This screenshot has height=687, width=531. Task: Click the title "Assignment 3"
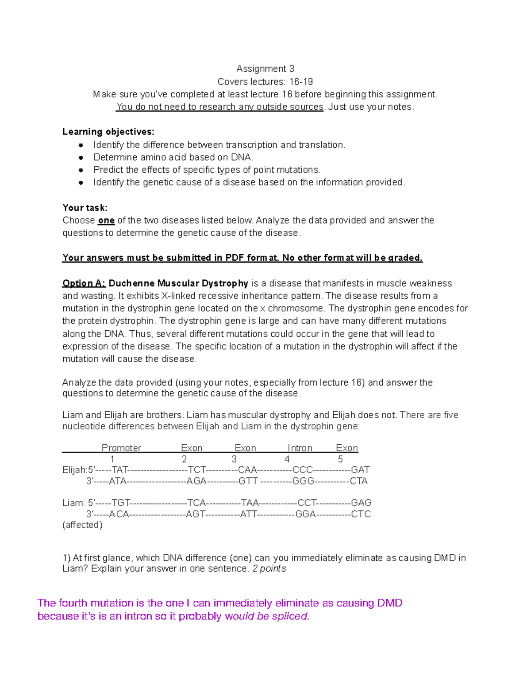pyautogui.click(x=265, y=69)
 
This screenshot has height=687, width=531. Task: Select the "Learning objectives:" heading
pyautogui.click(x=108, y=132)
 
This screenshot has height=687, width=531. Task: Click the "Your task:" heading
pyautogui.click(x=85, y=208)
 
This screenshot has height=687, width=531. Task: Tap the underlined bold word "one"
pyautogui.click(x=106, y=221)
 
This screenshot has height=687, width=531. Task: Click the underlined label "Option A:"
pyautogui.click(x=84, y=283)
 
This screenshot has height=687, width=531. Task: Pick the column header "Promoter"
pyautogui.click(x=121, y=448)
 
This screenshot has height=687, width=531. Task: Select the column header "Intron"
pyautogui.click(x=300, y=448)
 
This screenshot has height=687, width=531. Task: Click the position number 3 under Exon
pyautogui.click(x=234, y=459)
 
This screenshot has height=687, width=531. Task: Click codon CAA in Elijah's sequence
pyautogui.click(x=247, y=470)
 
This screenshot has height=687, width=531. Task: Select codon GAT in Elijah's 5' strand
pyautogui.click(x=360, y=470)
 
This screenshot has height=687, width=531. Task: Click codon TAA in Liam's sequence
pyautogui.click(x=250, y=503)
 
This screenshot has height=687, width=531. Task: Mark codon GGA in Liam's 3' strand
pyautogui.click(x=305, y=514)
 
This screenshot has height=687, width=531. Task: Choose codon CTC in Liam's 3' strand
pyautogui.click(x=361, y=514)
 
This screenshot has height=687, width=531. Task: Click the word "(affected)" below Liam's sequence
pyautogui.click(x=82, y=525)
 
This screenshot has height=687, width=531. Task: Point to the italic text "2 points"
pyautogui.click(x=269, y=569)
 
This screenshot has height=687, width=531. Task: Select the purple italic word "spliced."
pyautogui.click(x=290, y=616)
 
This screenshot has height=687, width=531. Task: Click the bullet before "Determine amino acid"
pyautogui.click(x=81, y=157)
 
